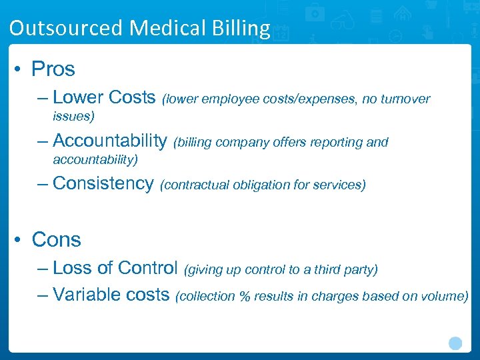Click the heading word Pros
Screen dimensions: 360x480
53,69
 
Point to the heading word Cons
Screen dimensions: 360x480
56,239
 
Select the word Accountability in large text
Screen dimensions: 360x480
109,141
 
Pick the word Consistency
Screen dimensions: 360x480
103,183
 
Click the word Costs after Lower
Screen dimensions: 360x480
131,97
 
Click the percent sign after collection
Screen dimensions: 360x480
245,296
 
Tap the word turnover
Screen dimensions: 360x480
406,99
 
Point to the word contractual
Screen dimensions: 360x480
196,185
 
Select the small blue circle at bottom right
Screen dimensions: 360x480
455,343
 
